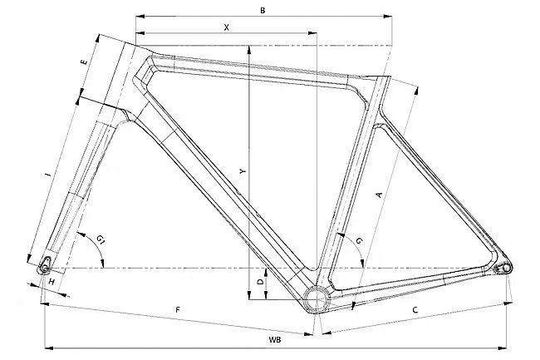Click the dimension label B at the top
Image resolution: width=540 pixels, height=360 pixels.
click(262, 10)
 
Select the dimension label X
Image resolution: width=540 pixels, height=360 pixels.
click(226, 27)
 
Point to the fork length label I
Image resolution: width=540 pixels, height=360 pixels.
click(47, 175)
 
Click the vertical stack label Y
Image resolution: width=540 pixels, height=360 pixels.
click(242, 170)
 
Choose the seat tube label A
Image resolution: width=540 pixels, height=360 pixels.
click(379, 195)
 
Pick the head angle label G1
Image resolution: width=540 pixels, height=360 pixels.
click(101, 240)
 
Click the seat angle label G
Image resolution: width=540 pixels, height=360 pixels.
click(358, 240)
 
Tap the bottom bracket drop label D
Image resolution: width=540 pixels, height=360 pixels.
click(261, 283)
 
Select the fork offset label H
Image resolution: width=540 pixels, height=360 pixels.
click(52, 283)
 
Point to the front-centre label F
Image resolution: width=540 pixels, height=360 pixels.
click(178, 310)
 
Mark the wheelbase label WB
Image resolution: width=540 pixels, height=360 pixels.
click(274, 340)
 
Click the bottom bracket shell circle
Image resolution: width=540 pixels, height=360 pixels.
click(317, 298)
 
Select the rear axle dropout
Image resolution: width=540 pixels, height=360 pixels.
click(502, 267)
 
